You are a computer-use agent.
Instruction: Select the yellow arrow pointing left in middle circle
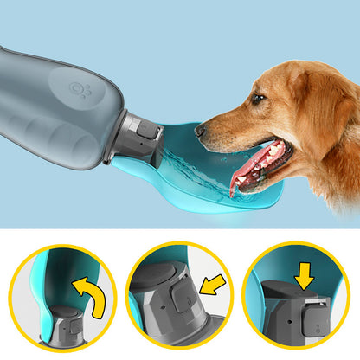tap(210, 285)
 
